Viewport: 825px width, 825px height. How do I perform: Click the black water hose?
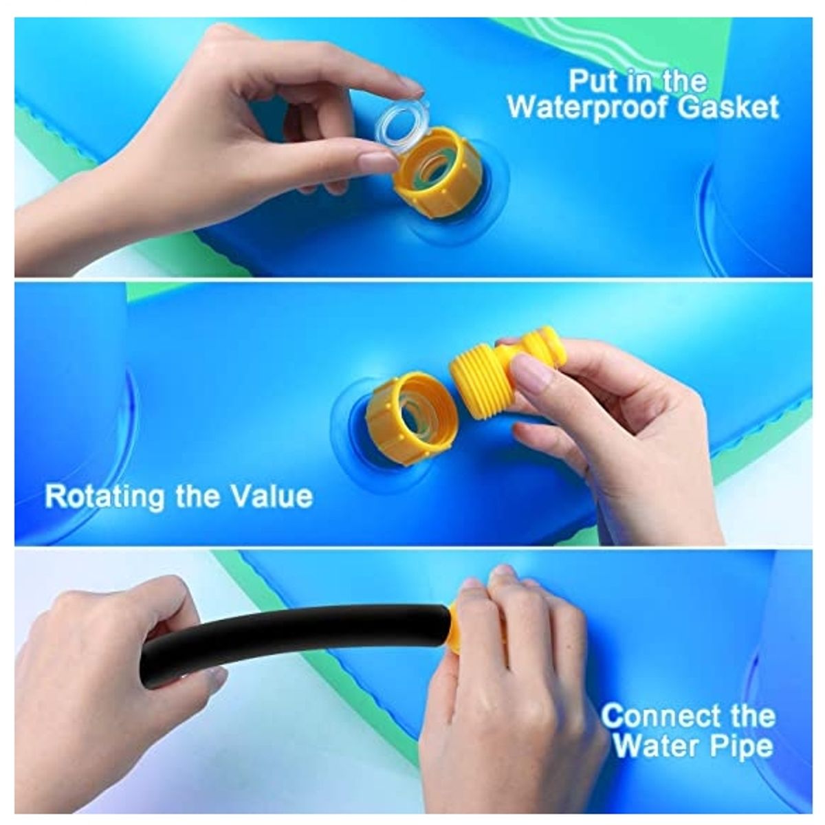click(x=296, y=630)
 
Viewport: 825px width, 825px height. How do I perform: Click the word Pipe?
click(x=741, y=747)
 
